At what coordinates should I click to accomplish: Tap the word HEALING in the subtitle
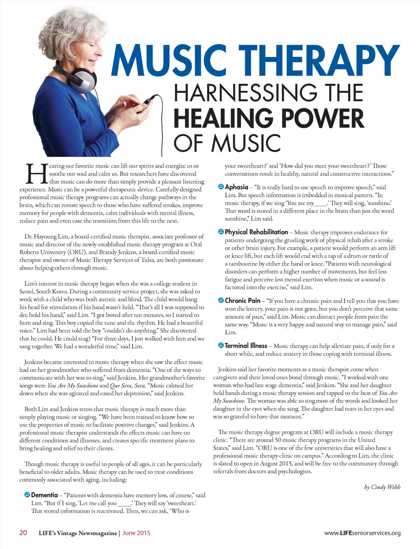pos(224,118)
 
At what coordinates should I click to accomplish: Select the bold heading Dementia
pos(44,495)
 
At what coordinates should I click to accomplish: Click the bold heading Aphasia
pos(237,187)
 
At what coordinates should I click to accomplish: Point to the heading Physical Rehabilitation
pos(256,232)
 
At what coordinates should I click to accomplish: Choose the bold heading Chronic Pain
pos(242,301)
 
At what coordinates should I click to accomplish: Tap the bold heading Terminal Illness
pos(246,346)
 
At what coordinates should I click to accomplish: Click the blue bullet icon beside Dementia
pos(27,495)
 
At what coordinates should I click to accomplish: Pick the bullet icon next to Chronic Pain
pos(221,301)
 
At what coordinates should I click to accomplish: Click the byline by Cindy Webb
pos(382,487)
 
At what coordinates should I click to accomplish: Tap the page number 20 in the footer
pos(23,533)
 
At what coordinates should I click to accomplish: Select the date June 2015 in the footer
pos(136,533)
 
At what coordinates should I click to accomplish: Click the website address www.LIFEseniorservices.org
pos(362,533)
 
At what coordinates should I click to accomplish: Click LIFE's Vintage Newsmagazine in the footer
pos(78,533)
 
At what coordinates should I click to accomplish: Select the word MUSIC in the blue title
pos(169,61)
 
